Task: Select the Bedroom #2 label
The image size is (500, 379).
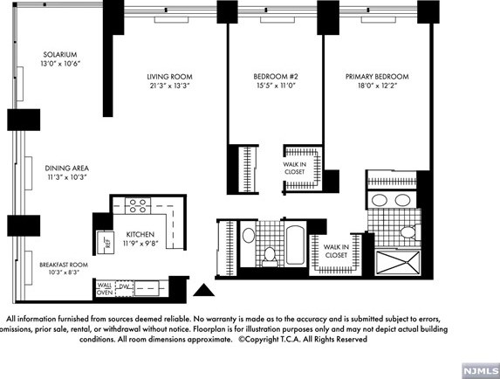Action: [x=265, y=76]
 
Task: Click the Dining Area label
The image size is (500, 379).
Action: [x=67, y=168]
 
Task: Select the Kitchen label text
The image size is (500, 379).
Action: [x=140, y=235]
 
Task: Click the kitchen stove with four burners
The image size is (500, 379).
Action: [x=138, y=206]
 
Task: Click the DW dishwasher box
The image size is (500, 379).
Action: [x=124, y=286]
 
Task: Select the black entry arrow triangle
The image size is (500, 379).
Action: [x=202, y=290]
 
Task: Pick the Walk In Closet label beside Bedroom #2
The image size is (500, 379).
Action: [x=294, y=168]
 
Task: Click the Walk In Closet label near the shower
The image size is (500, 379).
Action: [x=336, y=252]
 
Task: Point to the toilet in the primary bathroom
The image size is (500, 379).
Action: [x=408, y=232]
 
